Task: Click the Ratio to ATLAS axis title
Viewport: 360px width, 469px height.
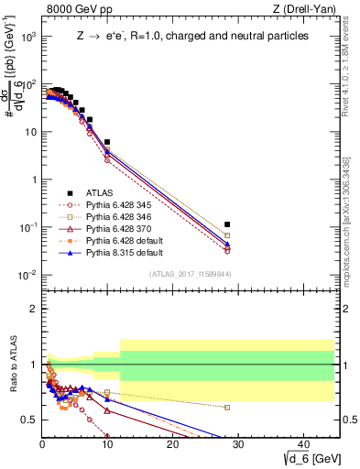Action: [x=13, y=365]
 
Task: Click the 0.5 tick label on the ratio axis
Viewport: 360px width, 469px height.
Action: [x=29, y=420]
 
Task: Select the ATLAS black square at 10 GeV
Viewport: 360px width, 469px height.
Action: [x=107, y=143]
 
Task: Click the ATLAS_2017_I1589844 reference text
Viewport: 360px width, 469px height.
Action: [x=189, y=274]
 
